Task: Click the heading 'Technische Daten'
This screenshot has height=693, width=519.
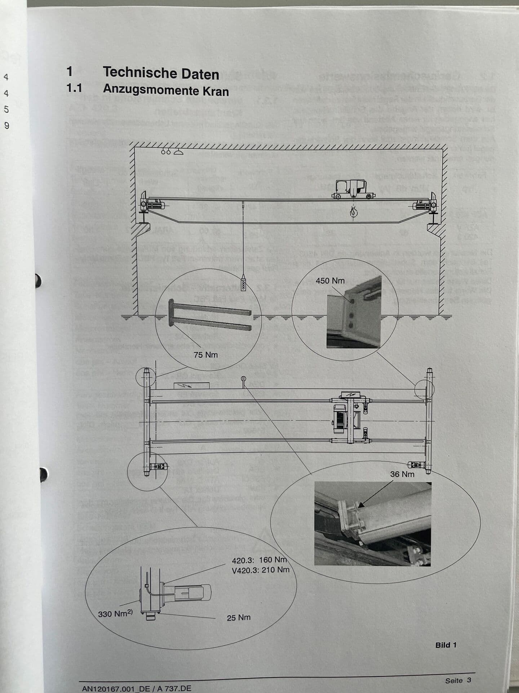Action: (x=161, y=73)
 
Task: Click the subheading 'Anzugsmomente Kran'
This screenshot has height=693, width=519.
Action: (x=166, y=90)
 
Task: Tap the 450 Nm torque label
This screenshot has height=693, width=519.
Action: (x=330, y=281)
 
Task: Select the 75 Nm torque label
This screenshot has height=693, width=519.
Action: (x=205, y=355)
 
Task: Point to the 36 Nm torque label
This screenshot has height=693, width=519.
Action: (x=402, y=474)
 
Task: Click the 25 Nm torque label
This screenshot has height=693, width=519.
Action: (x=238, y=618)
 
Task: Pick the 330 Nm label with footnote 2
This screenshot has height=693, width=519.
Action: (x=115, y=614)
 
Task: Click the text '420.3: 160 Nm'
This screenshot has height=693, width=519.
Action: (x=259, y=560)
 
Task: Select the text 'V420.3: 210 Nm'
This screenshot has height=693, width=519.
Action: (x=260, y=570)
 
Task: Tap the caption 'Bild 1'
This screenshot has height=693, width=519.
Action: (x=445, y=645)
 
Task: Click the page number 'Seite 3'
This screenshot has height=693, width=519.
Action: (x=458, y=680)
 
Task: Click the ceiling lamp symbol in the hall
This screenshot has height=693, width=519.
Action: (x=178, y=152)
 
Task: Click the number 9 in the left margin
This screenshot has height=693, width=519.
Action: (x=6, y=126)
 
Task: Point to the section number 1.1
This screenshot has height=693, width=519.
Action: (x=74, y=88)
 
